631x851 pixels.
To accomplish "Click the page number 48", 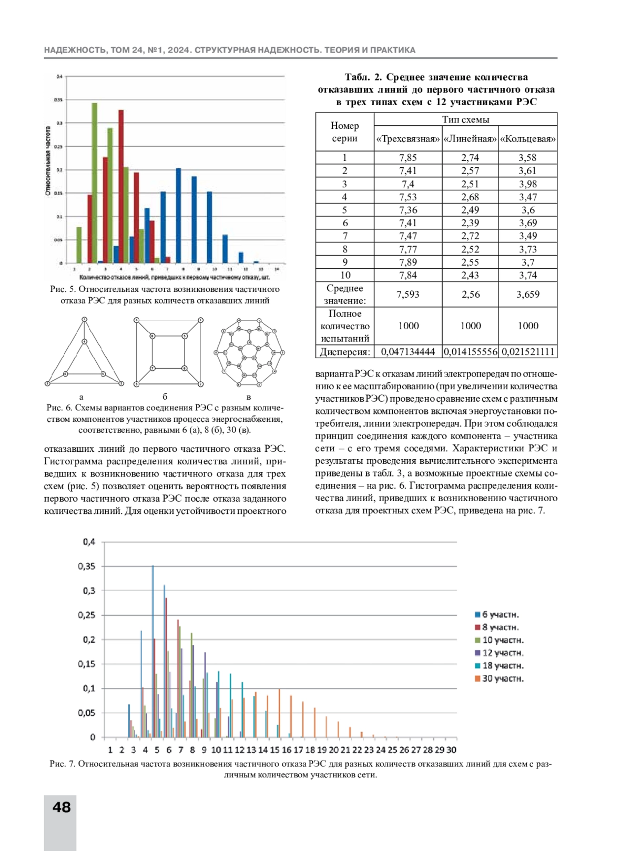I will point(62,807).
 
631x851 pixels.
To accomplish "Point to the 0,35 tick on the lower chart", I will point(87,566).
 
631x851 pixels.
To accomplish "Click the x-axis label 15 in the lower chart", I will point(274,750).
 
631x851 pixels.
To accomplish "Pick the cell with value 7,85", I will point(408,158).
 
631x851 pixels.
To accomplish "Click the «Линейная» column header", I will point(470,139).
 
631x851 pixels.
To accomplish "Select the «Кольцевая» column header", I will point(527,139).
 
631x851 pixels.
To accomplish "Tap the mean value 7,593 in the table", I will point(408,295).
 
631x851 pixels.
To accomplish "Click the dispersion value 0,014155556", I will point(470,352).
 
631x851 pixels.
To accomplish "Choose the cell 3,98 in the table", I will point(527,184).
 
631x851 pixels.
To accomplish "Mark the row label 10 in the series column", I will point(345,275).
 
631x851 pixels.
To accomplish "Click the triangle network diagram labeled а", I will point(84,353).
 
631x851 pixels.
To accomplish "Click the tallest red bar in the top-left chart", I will point(121,186).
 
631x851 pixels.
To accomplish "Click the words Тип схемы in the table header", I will point(465,119).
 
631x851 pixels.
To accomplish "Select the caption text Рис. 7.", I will point(63,764).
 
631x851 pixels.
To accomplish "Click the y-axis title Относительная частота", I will point(48,161).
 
